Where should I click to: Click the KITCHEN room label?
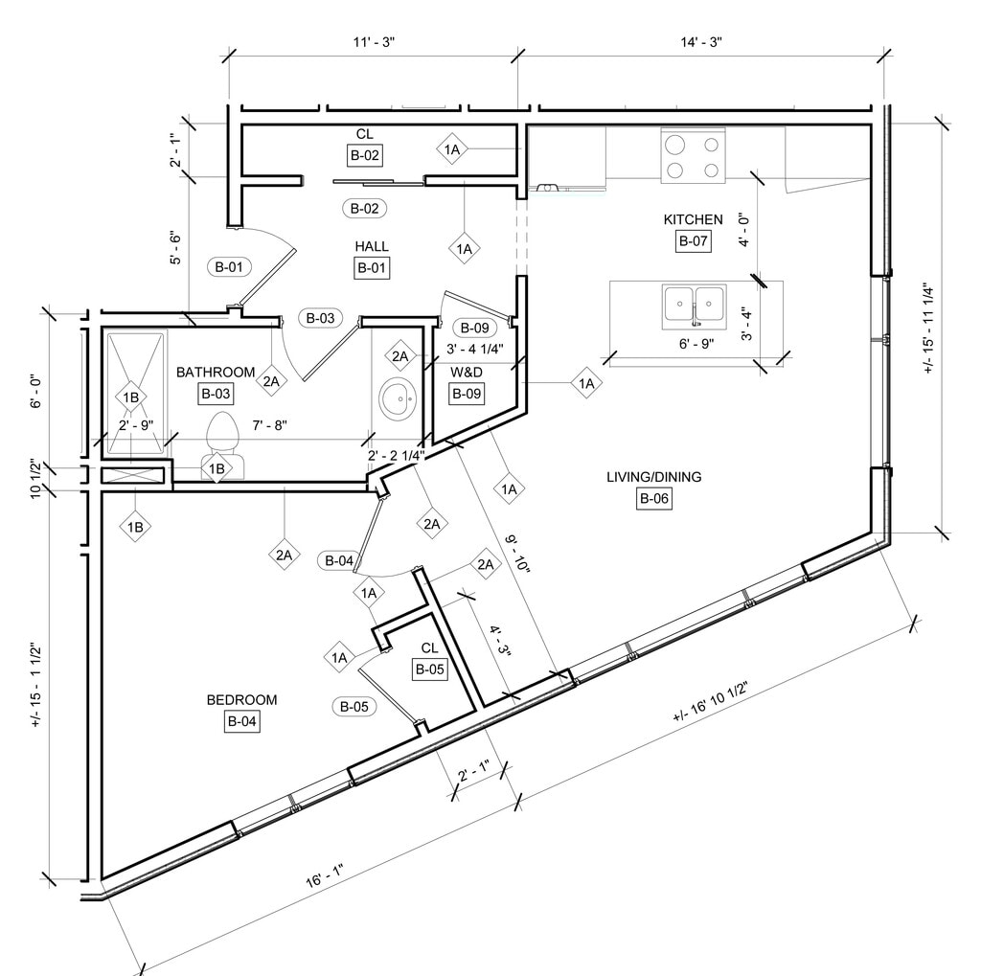[693, 220]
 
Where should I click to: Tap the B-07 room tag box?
[693, 241]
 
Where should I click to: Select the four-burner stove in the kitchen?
[693, 157]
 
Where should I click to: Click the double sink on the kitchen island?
[695, 305]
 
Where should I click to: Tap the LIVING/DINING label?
[653, 477]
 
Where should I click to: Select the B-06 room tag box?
[653, 498]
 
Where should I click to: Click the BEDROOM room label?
[241, 700]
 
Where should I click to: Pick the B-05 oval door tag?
[353, 707]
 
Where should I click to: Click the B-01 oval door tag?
[228, 267]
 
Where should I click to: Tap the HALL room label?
[372, 247]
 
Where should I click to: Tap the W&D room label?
[467, 371]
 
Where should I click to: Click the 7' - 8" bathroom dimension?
[270, 424]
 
